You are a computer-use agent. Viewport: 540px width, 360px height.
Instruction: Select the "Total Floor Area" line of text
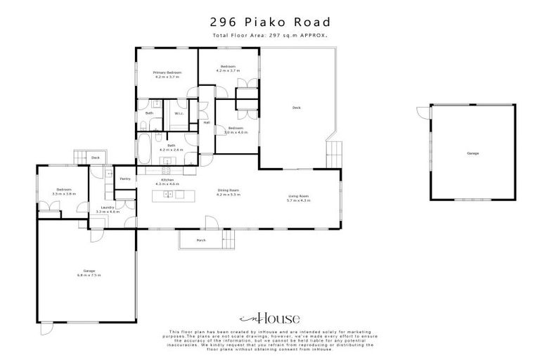(270, 34)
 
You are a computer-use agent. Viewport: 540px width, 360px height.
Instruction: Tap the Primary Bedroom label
(168, 73)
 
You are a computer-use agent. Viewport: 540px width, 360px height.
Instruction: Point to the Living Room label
(299, 197)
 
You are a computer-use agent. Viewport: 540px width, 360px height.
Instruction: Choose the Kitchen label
(167, 181)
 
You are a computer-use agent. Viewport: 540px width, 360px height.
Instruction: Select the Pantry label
(125, 179)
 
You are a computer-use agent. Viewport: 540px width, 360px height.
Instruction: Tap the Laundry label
(107, 208)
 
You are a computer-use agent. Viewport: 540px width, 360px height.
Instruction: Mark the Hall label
(207, 123)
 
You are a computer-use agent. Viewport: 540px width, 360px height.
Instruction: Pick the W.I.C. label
(179, 113)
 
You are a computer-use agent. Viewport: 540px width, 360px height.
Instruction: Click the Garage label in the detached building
(472, 153)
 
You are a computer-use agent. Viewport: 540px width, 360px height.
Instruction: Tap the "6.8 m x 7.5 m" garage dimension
(89, 275)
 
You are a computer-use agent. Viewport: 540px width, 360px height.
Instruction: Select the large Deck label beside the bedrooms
(297, 108)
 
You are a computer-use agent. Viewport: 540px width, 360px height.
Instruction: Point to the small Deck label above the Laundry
(95, 157)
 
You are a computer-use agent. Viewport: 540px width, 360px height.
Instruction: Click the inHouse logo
(270, 317)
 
